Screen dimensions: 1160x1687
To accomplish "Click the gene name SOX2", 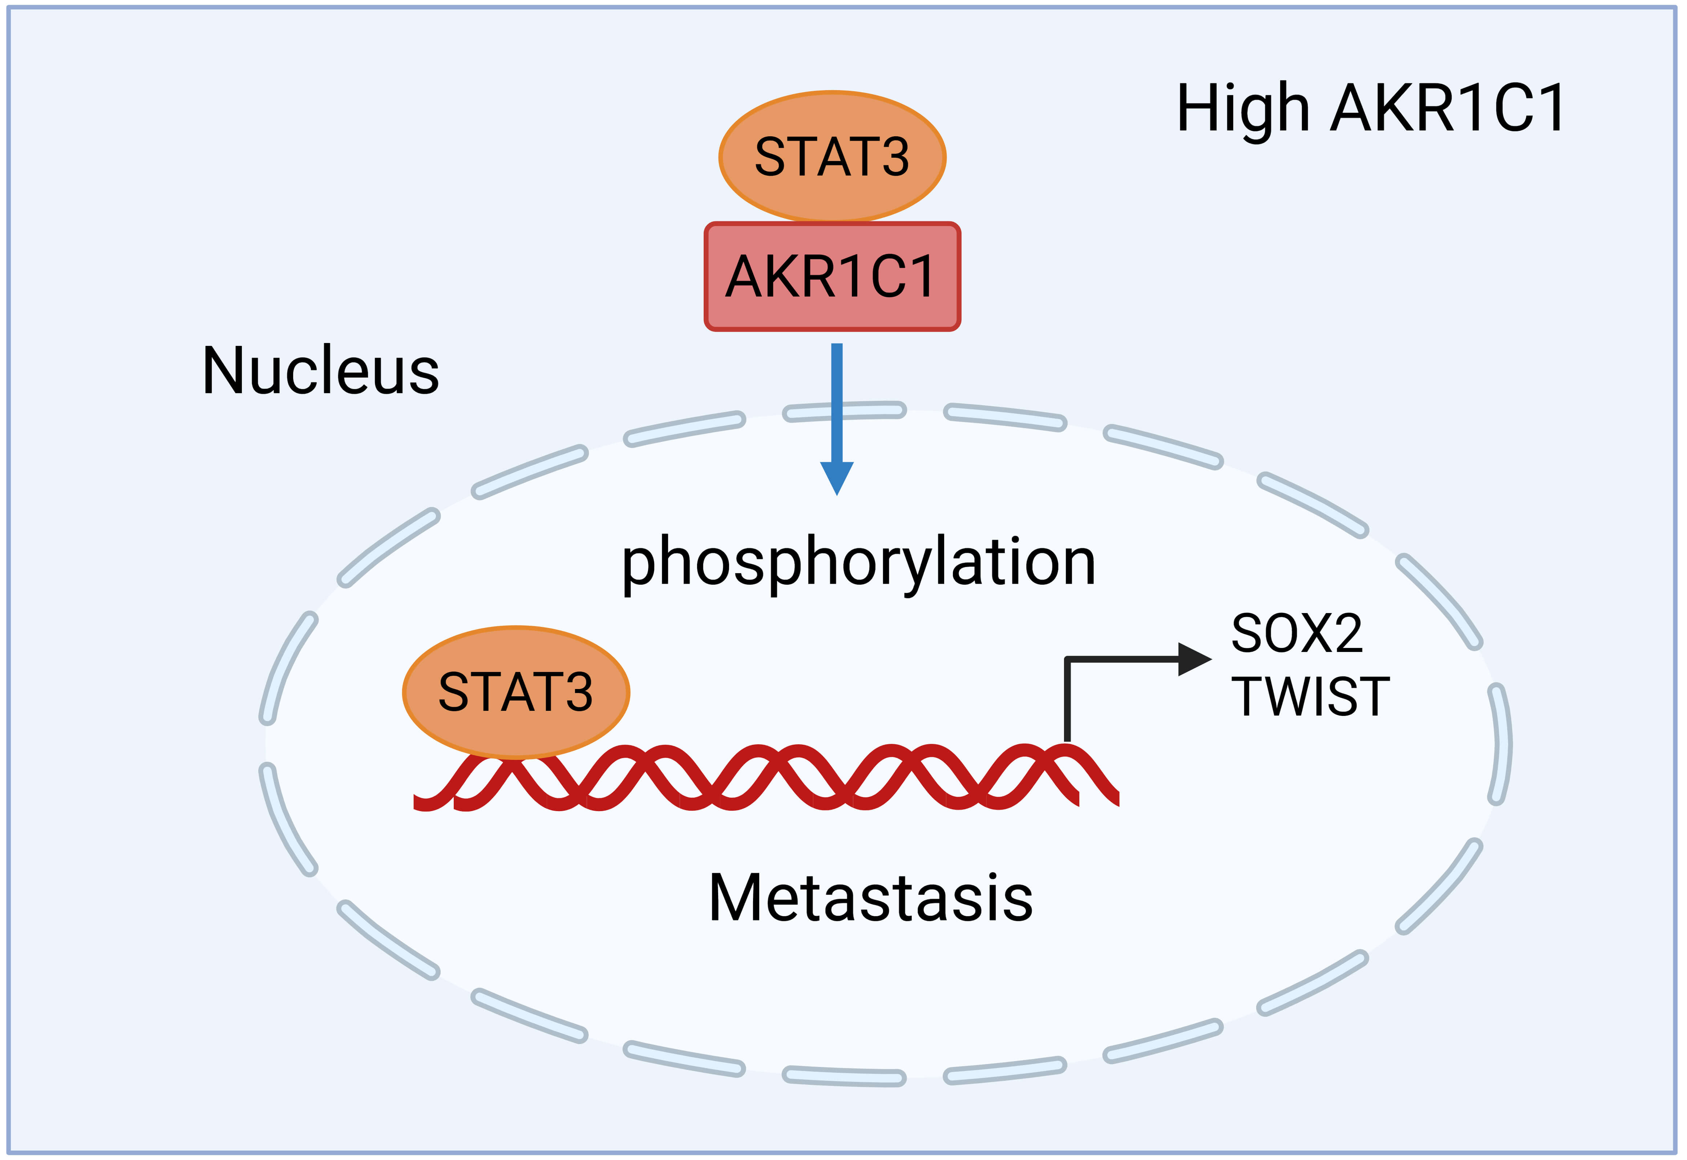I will point(1297,634).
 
